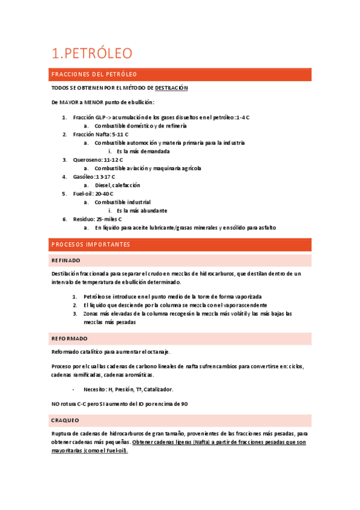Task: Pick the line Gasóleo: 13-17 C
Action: (x=94, y=177)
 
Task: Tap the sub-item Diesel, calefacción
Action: (x=117, y=185)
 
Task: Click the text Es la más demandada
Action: (x=143, y=152)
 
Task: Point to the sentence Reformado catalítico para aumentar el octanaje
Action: (x=111, y=351)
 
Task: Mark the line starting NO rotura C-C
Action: (x=120, y=404)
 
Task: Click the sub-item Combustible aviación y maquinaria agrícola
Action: (x=148, y=168)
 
